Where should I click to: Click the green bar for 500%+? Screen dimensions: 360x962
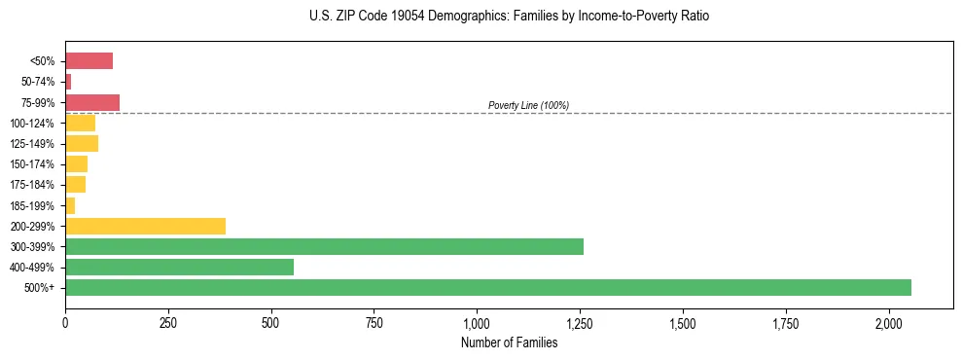pos(487,287)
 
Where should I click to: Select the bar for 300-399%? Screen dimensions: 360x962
pos(324,246)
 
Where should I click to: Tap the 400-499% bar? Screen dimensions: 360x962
pos(179,267)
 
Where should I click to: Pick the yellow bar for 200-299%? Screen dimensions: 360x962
pos(145,226)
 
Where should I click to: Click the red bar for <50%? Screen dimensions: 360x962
pos(89,61)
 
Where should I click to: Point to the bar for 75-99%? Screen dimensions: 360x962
pos(92,102)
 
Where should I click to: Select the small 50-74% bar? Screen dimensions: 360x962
pos(68,82)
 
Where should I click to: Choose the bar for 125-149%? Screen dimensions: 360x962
pos(82,144)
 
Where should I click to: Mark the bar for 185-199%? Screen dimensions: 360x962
pos(70,205)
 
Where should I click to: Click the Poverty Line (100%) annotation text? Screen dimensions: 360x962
pos(528,105)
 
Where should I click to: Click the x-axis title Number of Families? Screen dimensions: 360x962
pos(509,342)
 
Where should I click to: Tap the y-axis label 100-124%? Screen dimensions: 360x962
pos(33,124)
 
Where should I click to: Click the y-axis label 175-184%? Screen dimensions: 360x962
pos(33,185)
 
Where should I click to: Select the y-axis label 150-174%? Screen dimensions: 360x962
pos(33,164)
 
